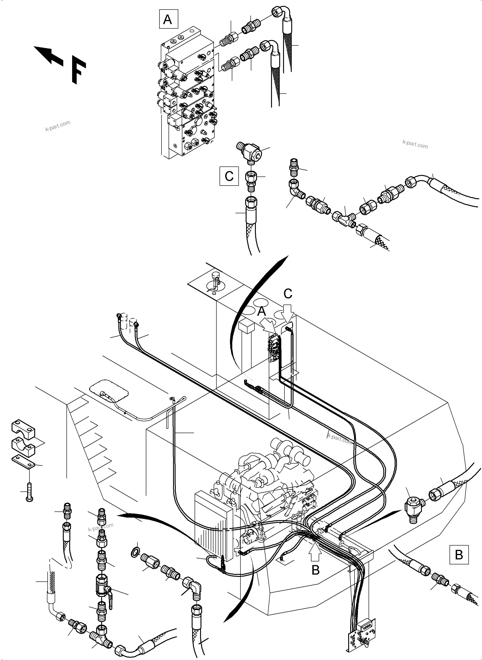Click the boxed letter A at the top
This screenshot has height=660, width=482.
coord(168,19)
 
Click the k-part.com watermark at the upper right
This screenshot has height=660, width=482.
coord(415,144)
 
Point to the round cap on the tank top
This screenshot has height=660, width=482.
coord(215,275)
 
